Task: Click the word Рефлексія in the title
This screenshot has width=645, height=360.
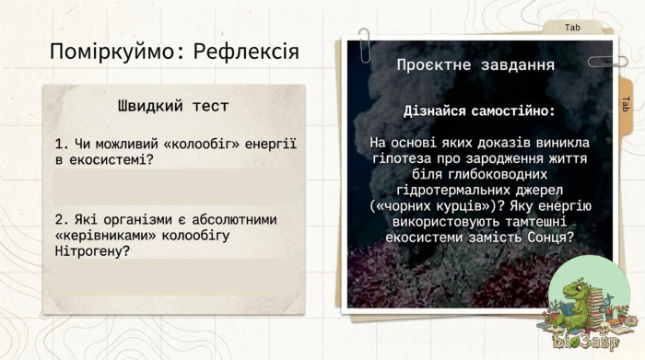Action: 246,52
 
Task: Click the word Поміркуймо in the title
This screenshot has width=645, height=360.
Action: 115,52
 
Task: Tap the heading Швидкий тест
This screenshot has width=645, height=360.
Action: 173,106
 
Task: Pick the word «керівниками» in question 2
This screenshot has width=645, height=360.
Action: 105,236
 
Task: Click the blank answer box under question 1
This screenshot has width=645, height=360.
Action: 177,187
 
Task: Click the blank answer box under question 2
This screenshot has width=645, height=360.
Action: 177,277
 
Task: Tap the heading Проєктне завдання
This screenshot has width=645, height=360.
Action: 476,65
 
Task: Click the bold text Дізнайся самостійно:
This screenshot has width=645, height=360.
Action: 480,111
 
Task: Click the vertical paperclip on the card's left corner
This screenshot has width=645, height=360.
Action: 365,45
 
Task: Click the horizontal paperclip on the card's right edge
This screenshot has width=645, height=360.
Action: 608,62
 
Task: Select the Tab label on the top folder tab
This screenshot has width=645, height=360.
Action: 572,28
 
